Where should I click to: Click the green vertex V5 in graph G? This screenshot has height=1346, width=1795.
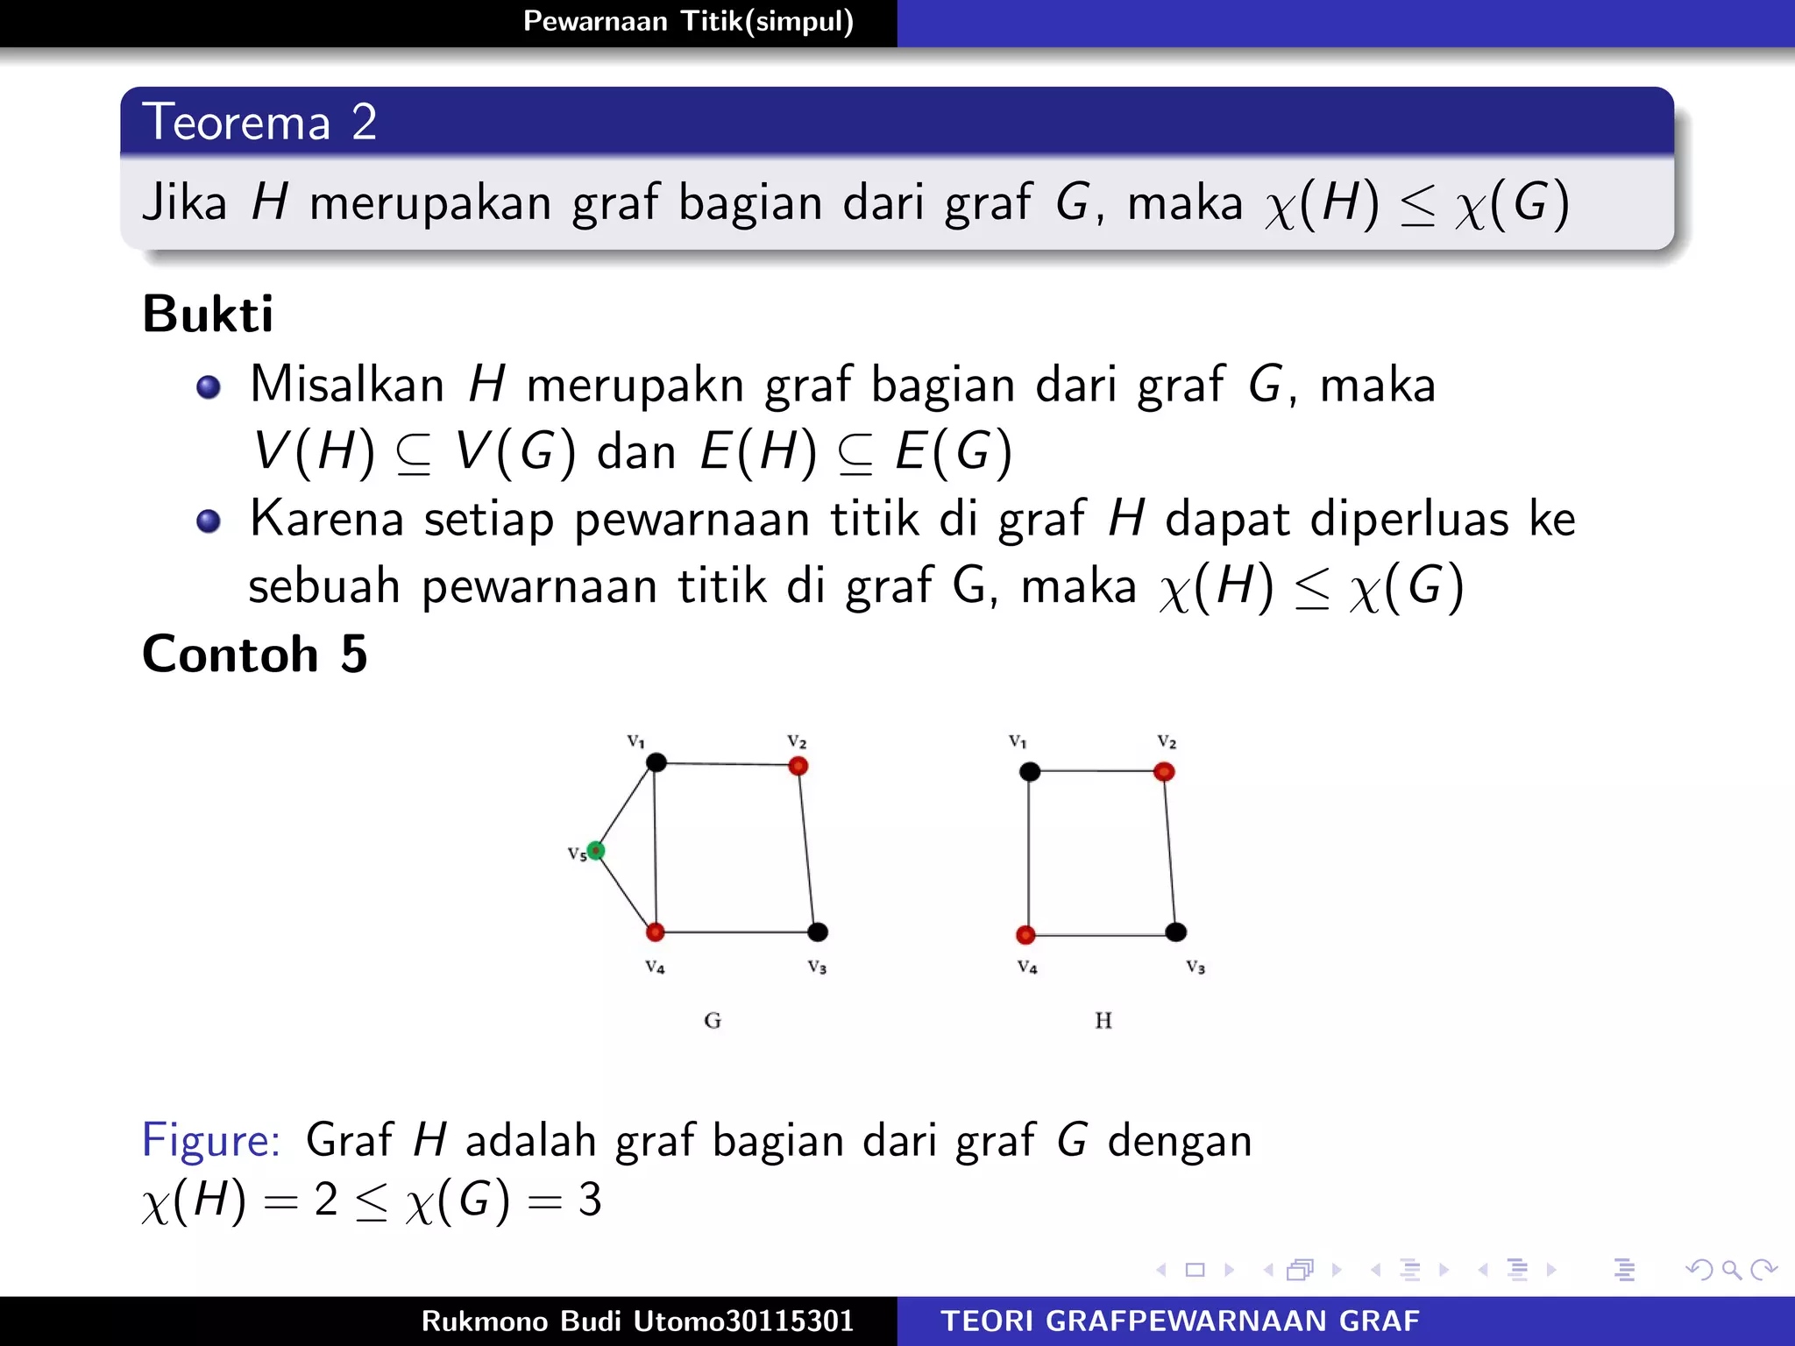click(x=596, y=850)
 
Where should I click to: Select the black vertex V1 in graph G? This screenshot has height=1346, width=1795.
click(x=656, y=762)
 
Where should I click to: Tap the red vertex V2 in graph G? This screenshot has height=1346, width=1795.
click(x=798, y=766)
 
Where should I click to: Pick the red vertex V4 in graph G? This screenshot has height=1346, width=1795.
click(x=655, y=932)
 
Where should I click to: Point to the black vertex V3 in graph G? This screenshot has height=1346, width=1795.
click(x=818, y=932)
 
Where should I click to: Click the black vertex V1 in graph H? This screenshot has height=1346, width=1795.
click(x=1030, y=771)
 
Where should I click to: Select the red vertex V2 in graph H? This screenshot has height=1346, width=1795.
click(x=1164, y=771)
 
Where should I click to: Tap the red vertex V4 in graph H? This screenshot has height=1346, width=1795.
click(x=1025, y=935)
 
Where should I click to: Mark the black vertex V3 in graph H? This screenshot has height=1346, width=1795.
click(x=1176, y=932)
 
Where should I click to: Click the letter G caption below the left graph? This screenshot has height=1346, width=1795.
click(x=713, y=1020)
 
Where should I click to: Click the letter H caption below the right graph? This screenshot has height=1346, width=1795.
click(x=1103, y=1020)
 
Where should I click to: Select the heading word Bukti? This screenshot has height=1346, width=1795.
click(x=208, y=314)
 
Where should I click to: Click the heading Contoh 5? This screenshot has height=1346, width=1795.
click(x=254, y=654)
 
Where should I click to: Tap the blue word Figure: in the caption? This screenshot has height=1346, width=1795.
click(x=211, y=1140)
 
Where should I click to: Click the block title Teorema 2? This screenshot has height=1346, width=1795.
click(x=259, y=122)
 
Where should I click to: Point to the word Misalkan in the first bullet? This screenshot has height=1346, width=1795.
click(x=347, y=385)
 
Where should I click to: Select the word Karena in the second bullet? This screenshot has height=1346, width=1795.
click(x=327, y=519)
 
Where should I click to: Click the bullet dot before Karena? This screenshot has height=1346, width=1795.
click(x=209, y=521)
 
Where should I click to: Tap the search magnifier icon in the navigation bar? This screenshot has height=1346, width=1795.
click(x=1731, y=1270)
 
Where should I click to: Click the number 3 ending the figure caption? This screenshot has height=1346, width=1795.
click(x=590, y=1200)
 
